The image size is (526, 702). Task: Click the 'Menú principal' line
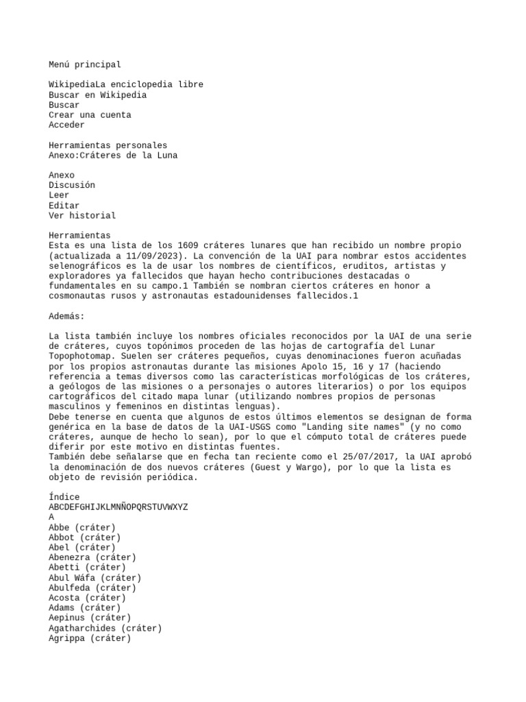(85, 64)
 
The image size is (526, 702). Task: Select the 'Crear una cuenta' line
(90, 115)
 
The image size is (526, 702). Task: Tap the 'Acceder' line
(66, 125)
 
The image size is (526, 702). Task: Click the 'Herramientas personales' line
(108, 145)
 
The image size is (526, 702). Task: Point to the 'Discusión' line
(72, 185)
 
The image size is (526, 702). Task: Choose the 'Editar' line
(64, 206)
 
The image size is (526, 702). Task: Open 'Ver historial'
(82, 215)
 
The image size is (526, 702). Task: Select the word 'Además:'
(66, 316)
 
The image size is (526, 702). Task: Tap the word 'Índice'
(64, 497)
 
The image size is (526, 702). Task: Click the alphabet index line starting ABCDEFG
(118, 507)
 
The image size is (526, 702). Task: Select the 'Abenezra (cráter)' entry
(92, 557)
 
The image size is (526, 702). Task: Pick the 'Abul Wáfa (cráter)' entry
(95, 578)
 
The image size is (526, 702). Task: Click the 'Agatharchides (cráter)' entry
(105, 628)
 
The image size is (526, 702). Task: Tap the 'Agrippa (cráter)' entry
(90, 638)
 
